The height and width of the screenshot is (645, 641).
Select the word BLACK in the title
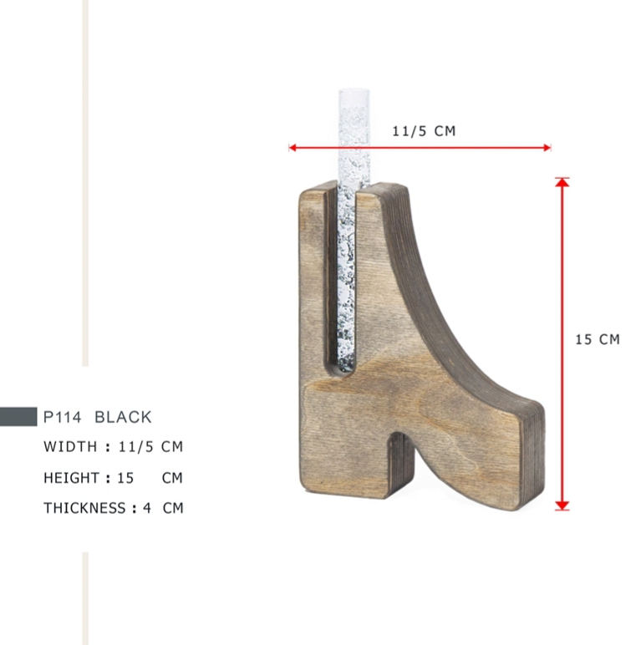pos(123,417)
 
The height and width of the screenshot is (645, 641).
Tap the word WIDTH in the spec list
pos(70,446)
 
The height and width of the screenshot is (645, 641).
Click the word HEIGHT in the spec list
pos(72,478)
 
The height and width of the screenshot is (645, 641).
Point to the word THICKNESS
pos(84,508)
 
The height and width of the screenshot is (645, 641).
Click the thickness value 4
pos(147,508)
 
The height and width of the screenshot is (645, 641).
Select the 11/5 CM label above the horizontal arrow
pos(424,131)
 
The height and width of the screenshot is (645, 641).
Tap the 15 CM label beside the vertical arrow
pos(598,339)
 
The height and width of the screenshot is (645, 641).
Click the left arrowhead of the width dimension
pos(293,148)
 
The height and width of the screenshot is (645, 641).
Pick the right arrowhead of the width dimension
pos(547,148)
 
